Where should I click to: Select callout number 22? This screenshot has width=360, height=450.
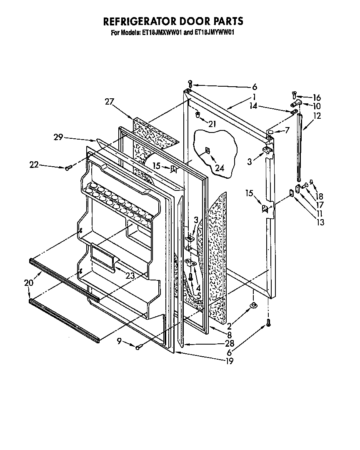(x=34, y=165)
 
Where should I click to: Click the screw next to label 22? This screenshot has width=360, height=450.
(x=68, y=167)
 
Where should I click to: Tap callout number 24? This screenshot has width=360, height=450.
(x=219, y=167)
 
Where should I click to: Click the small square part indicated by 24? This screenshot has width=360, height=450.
(x=207, y=150)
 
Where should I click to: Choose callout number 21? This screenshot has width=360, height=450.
(x=212, y=124)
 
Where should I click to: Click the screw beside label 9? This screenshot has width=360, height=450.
(x=139, y=346)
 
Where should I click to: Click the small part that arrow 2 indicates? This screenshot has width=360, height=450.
(x=253, y=306)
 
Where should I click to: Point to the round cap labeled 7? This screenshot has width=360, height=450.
(x=270, y=132)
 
